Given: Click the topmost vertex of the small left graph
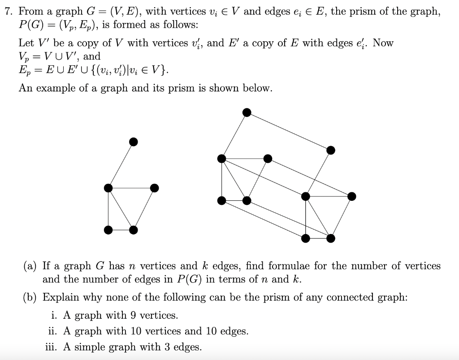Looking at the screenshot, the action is click(x=133, y=142).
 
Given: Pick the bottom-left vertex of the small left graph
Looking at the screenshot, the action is click(x=108, y=230).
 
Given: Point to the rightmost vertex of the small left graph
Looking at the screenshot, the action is click(x=154, y=188).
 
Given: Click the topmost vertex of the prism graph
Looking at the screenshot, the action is click(x=247, y=112).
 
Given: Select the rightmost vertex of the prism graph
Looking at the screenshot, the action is click(x=352, y=196).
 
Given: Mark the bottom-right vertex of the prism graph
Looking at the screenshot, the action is click(x=330, y=238).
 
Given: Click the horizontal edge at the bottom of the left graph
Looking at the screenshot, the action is click(x=121, y=230).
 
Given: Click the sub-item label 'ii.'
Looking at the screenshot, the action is click(x=54, y=331).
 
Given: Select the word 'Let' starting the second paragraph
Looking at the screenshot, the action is click(x=26, y=43).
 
